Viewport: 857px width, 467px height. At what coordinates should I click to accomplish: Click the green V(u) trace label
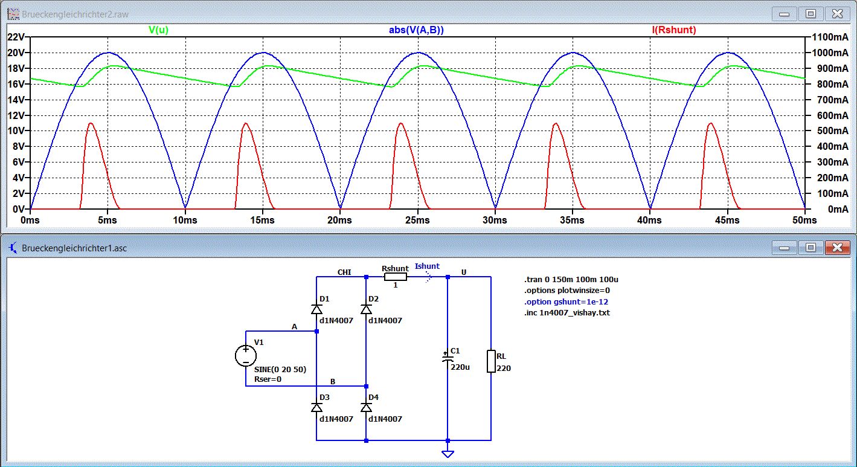(x=158, y=30)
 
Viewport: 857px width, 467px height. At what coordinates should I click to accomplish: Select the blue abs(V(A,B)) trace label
(x=416, y=30)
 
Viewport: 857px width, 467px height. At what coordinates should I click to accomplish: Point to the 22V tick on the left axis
(x=15, y=37)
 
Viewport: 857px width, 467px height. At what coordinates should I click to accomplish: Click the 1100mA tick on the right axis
(x=829, y=37)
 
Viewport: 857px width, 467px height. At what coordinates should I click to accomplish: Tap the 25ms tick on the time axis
(x=417, y=221)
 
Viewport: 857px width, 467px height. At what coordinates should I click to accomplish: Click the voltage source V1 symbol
(x=246, y=355)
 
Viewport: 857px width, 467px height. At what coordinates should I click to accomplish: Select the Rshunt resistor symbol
(x=396, y=277)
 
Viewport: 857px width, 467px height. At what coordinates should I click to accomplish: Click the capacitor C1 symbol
(x=448, y=358)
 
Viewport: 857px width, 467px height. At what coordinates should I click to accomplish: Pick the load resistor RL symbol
(x=491, y=361)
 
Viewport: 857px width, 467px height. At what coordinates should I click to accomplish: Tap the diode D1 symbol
(x=316, y=309)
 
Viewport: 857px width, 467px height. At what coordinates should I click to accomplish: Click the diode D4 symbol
(x=366, y=408)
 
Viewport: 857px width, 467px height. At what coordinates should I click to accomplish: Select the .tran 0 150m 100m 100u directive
(x=571, y=280)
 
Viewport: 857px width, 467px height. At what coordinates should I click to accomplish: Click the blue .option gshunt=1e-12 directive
(x=562, y=301)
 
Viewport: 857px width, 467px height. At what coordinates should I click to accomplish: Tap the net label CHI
(x=344, y=272)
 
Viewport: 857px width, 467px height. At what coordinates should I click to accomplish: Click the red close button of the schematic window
(x=837, y=247)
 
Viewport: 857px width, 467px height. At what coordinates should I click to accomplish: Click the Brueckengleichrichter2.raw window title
(x=75, y=14)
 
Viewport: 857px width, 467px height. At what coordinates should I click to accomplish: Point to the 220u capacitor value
(x=460, y=366)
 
